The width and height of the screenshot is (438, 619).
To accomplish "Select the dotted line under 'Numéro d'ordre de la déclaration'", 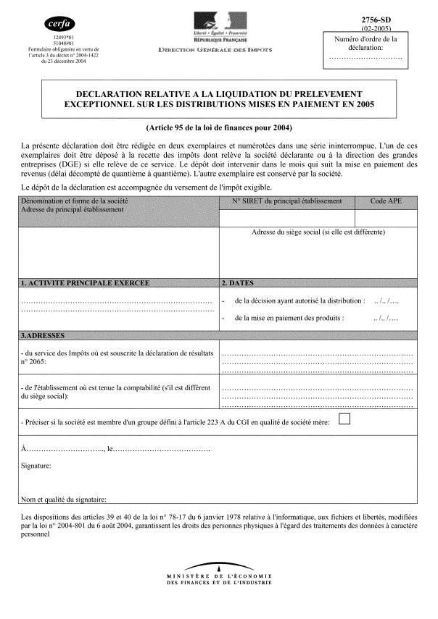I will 365,56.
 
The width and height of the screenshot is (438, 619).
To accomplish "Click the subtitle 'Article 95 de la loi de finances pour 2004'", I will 218,127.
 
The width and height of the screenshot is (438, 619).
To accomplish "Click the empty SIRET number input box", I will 286,217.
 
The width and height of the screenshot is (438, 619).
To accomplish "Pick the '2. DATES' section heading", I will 238,282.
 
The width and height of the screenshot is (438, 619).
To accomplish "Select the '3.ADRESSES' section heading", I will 44,336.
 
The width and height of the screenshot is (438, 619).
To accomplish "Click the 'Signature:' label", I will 36,466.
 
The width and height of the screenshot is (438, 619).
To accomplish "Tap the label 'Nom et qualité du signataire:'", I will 64,499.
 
